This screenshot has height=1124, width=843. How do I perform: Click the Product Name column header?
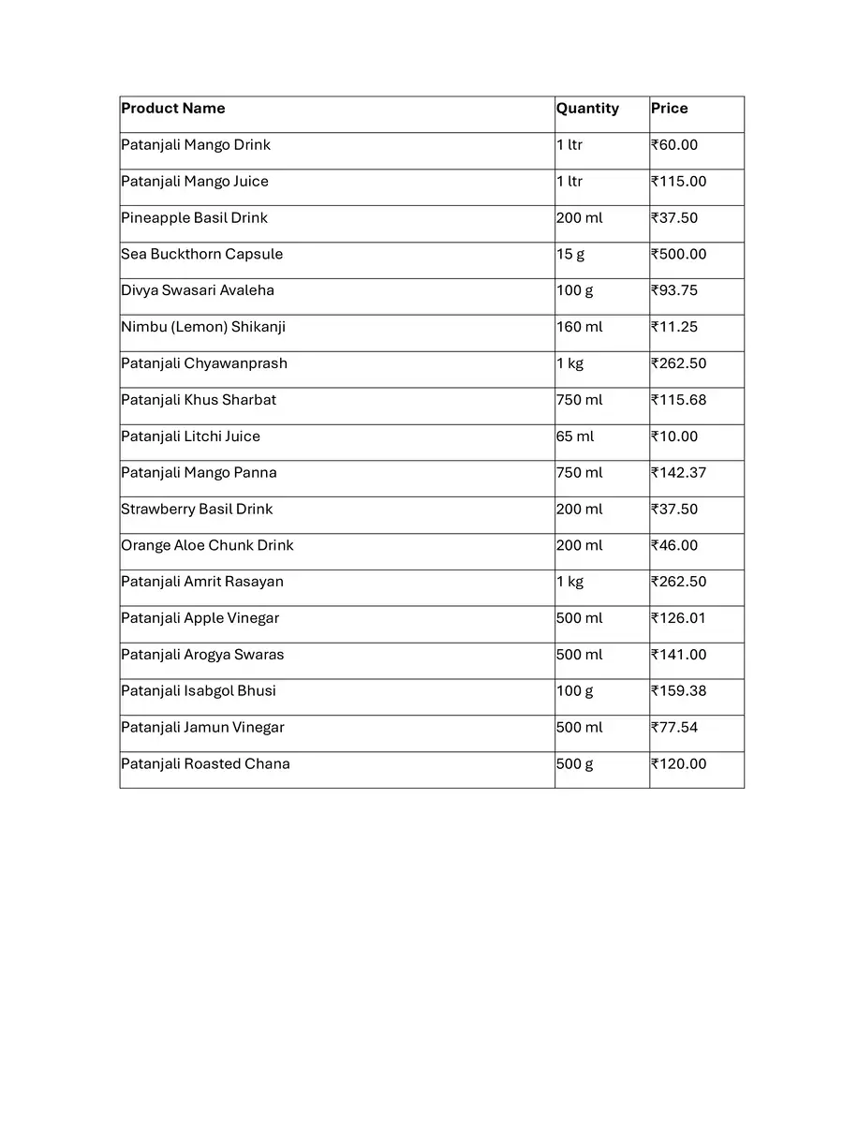(173, 109)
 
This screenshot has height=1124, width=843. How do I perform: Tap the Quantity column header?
(587, 109)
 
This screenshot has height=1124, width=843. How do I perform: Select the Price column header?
(670, 109)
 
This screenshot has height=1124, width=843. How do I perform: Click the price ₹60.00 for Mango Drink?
(674, 145)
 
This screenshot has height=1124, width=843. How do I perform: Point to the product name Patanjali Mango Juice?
(195, 182)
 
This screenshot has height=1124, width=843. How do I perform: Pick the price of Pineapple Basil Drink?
(674, 218)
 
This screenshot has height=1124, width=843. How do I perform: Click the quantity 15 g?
(570, 255)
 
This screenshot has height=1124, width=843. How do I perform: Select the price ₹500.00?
(679, 255)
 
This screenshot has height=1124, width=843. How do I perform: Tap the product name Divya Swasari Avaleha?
(198, 290)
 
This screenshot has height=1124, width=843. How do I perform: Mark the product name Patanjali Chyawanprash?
(204, 363)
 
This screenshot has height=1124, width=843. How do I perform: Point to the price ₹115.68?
(679, 400)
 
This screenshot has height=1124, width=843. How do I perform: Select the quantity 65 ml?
(575, 436)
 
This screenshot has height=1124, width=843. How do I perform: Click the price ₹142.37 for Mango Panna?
(679, 473)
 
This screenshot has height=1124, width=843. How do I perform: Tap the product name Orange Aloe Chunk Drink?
(207, 545)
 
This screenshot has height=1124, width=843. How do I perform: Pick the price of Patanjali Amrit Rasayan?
(679, 582)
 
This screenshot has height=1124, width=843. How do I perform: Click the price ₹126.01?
(679, 618)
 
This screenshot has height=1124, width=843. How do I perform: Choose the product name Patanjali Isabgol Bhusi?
(199, 691)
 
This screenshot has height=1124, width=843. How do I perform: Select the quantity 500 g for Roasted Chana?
(574, 764)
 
